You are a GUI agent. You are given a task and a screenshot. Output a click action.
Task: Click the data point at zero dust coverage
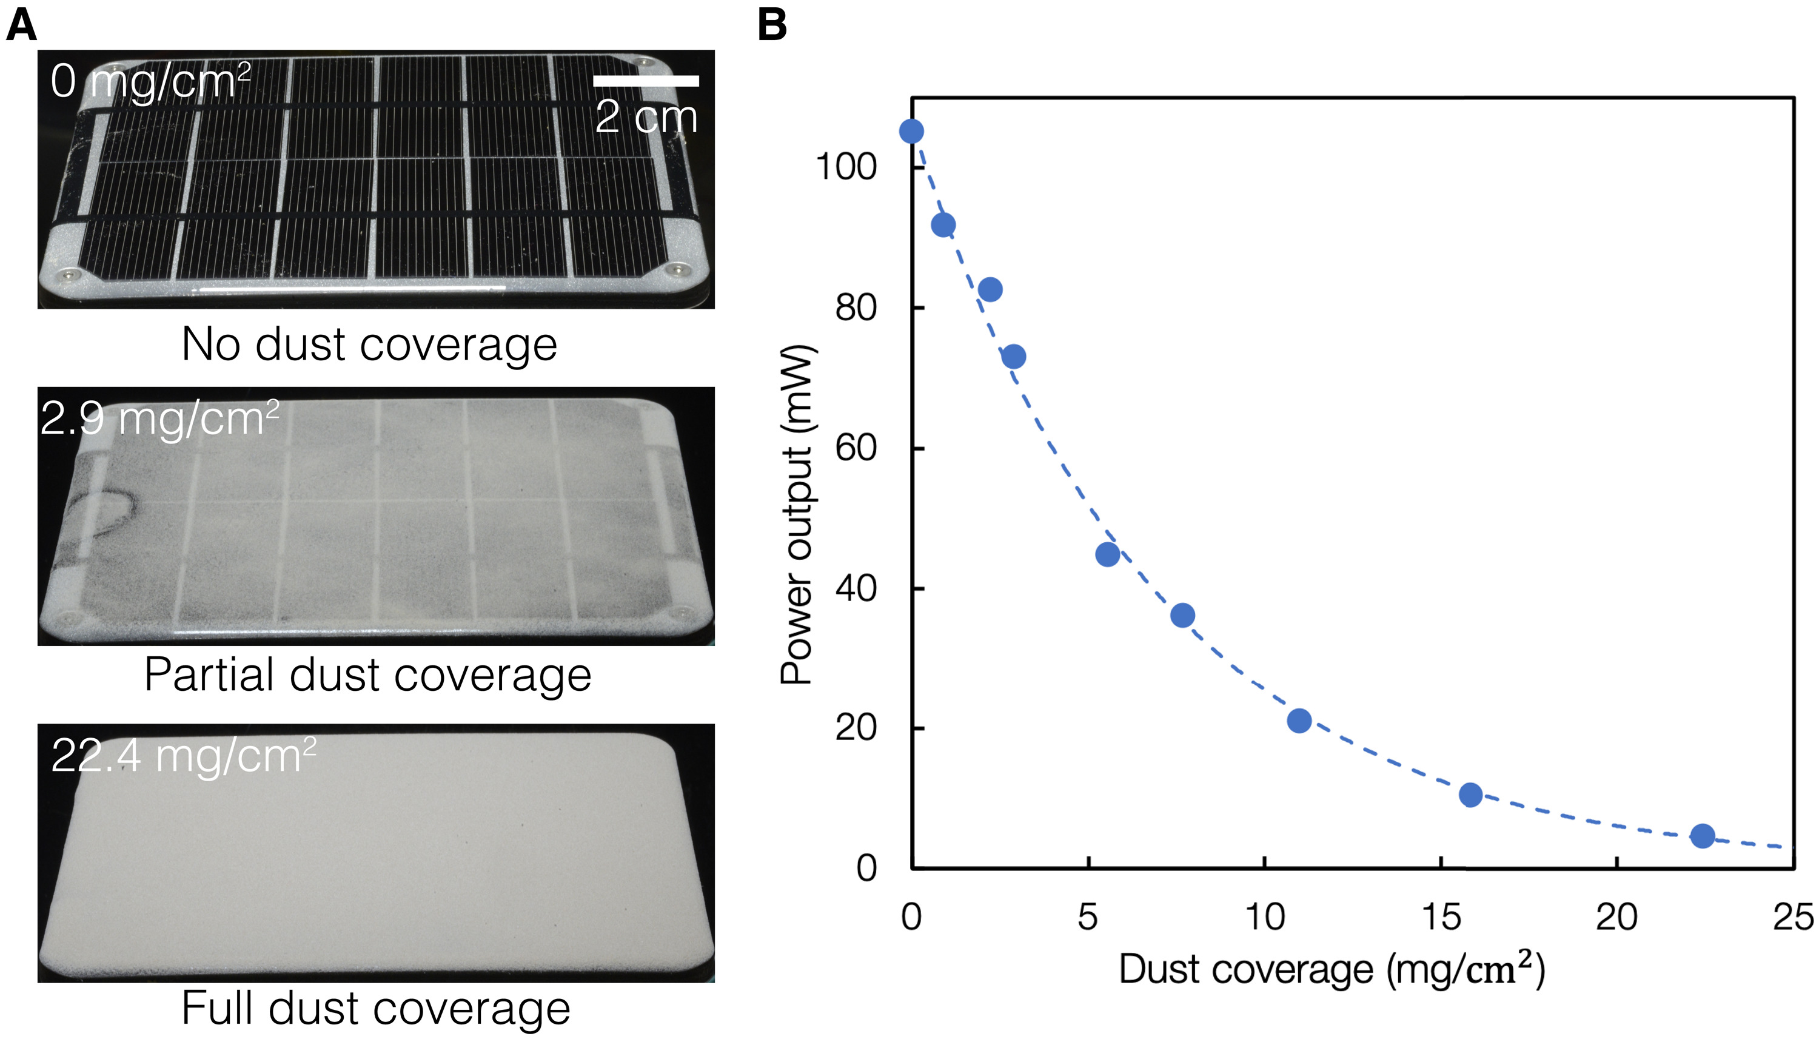tap(911, 131)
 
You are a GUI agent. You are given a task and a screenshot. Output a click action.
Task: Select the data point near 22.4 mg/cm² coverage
tap(1702, 836)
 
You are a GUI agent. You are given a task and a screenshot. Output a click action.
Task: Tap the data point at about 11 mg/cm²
tap(1299, 721)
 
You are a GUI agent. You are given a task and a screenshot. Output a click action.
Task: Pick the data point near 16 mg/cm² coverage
tap(1470, 794)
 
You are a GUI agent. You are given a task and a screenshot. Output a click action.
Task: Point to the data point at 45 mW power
tap(1107, 554)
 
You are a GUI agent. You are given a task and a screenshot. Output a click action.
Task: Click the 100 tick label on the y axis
tap(845, 167)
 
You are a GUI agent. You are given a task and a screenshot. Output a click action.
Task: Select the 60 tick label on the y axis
tap(856, 448)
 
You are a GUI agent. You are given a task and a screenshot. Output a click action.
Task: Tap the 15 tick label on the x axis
tap(1440, 917)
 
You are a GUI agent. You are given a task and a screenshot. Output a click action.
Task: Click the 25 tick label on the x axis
tap(1792, 917)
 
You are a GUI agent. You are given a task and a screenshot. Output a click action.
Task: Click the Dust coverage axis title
tap(1331, 969)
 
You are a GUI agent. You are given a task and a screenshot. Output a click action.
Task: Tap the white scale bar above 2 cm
tap(646, 81)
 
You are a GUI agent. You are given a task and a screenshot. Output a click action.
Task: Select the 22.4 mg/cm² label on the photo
tap(183, 755)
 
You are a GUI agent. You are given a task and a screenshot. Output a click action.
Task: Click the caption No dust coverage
tap(369, 344)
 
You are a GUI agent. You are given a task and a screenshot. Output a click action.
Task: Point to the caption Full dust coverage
tap(375, 1007)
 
